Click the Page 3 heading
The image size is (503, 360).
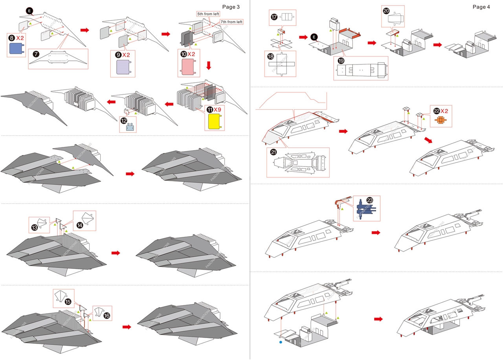point(231,7)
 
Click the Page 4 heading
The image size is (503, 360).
point(481,7)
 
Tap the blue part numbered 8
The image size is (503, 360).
point(17,49)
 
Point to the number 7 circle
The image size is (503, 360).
point(36,53)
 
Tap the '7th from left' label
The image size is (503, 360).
point(231,22)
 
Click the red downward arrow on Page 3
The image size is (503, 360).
point(209,66)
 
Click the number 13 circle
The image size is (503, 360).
point(35,227)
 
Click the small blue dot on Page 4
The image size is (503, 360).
point(281,342)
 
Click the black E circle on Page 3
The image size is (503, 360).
point(29,11)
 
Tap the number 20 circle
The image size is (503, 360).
point(386,11)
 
